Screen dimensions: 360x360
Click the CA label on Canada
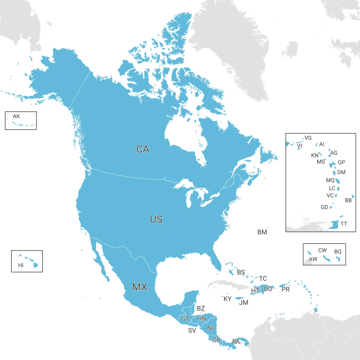pyautogui.click(x=143, y=149)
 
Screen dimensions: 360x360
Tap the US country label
pyautogui.click(x=156, y=220)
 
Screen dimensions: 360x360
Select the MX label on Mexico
pyautogui.click(x=139, y=287)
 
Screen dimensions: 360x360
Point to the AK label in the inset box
pyautogui.click(x=17, y=117)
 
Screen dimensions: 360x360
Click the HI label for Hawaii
pyautogui.click(x=21, y=265)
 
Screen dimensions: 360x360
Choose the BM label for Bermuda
pyautogui.click(x=262, y=232)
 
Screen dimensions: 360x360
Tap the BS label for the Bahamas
pyautogui.click(x=241, y=272)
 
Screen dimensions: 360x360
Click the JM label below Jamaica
pyautogui.click(x=243, y=303)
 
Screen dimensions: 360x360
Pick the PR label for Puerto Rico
pyautogui.click(x=285, y=289)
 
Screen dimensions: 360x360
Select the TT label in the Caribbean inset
pyautogui.click(x=344, y=224)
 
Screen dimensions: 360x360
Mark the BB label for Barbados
pyautogui.click(x=348, y=200)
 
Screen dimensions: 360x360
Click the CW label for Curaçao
pyautogui.click(x=323, y=250)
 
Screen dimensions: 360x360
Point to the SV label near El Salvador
pyautogui.click(x=192, y=330)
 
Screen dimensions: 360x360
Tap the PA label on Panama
pyautogui.click(x=236, y=342)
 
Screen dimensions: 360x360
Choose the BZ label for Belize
pyautogui.click(x=201, y=309)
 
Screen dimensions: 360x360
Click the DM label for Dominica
pyautogui.click(x=342, y=172)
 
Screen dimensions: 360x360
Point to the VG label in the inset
pyautogui.click(x=308, y=138)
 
